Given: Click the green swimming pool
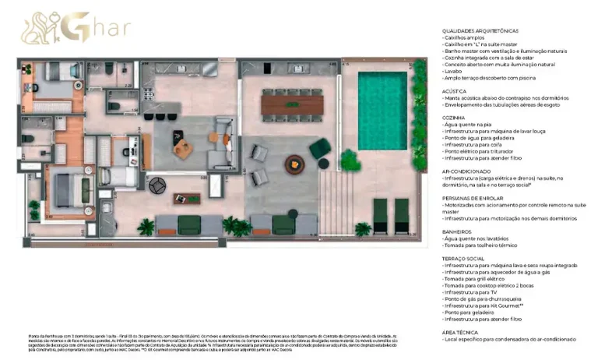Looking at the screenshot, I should click(382, 110).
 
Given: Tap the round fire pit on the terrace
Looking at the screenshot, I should click(295, 164).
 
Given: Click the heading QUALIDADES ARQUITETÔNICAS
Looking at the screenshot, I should click(480, 30).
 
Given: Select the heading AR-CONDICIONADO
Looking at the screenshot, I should click(465, 171).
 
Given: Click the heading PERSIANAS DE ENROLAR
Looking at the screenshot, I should click(473, 198).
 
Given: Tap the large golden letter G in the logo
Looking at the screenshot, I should click(79, 27).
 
